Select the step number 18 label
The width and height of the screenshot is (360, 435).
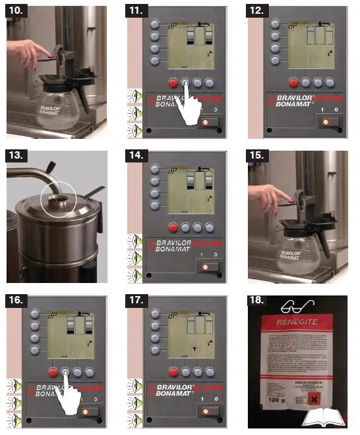[258, 301]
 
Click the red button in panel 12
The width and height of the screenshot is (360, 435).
[293, 83]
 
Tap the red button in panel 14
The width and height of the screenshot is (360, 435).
[173, 228]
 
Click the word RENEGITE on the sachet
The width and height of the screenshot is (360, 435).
[298, 322]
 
